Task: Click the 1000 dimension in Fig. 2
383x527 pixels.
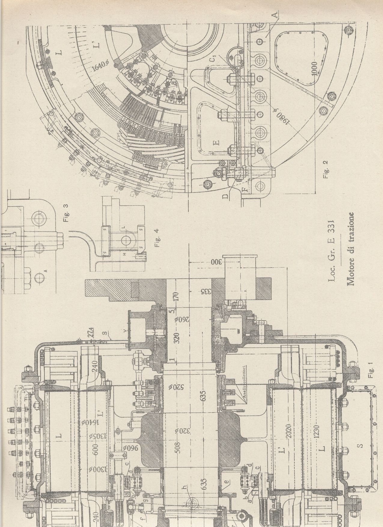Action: (314, 70)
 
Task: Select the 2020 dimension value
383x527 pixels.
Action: (289, 435)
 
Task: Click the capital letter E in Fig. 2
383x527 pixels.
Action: (217, 141)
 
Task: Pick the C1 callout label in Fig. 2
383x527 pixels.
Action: (212, 59)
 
